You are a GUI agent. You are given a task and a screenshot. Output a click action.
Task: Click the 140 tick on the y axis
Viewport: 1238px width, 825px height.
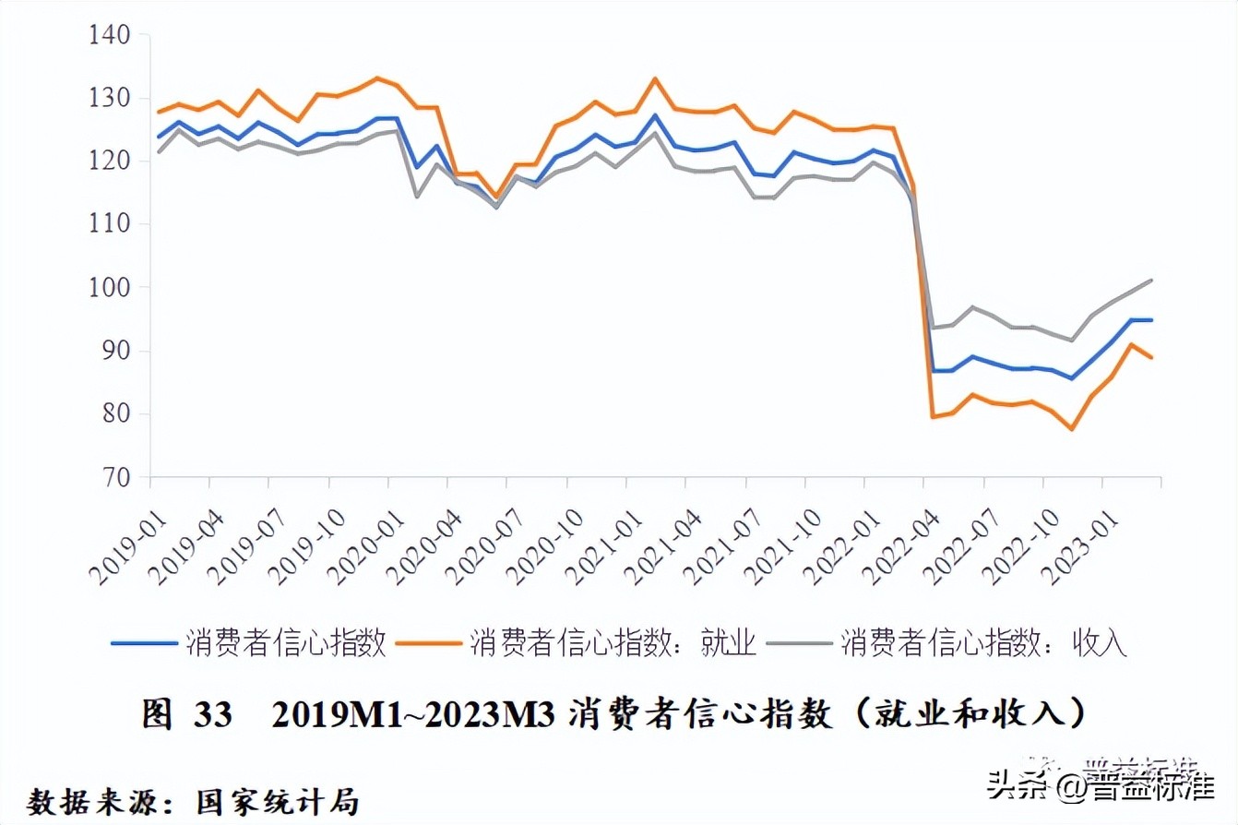pos(109,35)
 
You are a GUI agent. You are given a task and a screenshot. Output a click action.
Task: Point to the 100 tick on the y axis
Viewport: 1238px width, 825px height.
pos(109,288)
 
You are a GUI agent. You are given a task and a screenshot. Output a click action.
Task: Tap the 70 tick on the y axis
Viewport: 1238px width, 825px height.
pos(115,478)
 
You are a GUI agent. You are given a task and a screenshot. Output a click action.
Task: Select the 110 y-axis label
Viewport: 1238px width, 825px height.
pos(109,224)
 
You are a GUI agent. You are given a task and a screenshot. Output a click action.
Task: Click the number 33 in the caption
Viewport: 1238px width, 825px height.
pos(213,715)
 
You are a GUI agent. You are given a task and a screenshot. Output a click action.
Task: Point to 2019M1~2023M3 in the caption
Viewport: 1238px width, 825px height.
pos(413,715)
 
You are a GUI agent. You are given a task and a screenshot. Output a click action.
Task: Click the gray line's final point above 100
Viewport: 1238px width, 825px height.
pos(1152,280)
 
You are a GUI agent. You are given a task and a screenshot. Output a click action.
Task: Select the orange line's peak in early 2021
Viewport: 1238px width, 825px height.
pos(655,78)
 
